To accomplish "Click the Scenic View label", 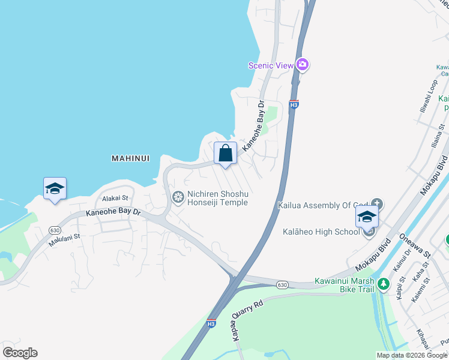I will (271, 65).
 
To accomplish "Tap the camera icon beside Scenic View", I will (302, 65).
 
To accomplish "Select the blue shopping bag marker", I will (225, 153).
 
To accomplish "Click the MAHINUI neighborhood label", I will (130, 158).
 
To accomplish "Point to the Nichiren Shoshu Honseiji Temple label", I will (217, 198).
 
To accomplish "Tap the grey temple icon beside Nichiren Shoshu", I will (178, 197).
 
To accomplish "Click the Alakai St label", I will (115, 198).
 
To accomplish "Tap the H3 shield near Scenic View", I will (294, 104).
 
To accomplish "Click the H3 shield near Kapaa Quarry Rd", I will (211, 323).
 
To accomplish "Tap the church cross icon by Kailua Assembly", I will (377, 204).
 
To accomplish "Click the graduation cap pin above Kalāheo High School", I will (367, 217).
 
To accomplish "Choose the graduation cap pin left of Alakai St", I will (55, 189).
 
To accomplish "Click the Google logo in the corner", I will (20, 353).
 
